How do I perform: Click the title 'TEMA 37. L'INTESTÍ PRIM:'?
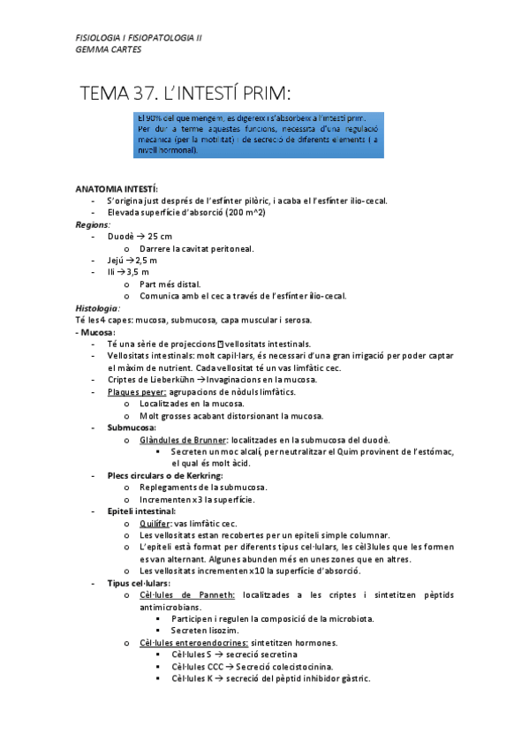(185, 93)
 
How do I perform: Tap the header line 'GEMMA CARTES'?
(108, 49)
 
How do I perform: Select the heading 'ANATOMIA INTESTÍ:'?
(117, 190)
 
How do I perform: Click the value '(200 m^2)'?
(246, 213)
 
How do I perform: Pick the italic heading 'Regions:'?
(92, 225)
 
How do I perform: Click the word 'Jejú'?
(115, 261)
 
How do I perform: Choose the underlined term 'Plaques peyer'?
(136, 391)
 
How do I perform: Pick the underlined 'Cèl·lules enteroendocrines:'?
(194, 643)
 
